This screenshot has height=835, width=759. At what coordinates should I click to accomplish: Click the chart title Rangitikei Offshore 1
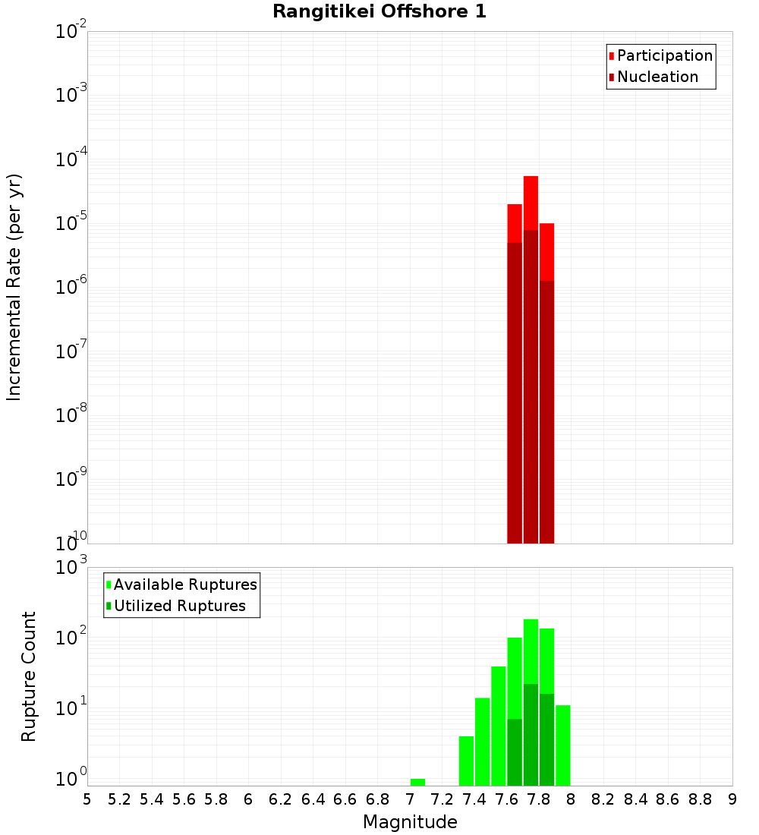click(x=379, y=11)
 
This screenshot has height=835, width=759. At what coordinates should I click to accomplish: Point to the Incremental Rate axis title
click(x=14, y=287)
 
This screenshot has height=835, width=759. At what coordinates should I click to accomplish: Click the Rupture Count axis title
click(x=29, y=676)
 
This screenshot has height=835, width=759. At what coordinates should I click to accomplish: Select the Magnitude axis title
click(x=410, y=822)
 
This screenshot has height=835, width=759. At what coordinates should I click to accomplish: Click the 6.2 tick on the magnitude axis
click(x=281, y=799)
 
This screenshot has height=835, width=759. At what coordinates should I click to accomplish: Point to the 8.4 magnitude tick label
click(x=636, y=799)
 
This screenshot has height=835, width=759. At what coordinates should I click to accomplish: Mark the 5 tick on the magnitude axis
click(x=87, y=799)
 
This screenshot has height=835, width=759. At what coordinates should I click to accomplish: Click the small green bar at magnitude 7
click(x=417, y=782)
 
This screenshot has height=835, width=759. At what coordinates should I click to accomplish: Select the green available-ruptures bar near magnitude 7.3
click(x=466, y=761)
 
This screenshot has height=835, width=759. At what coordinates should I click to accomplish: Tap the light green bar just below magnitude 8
click(x=562, y=745)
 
